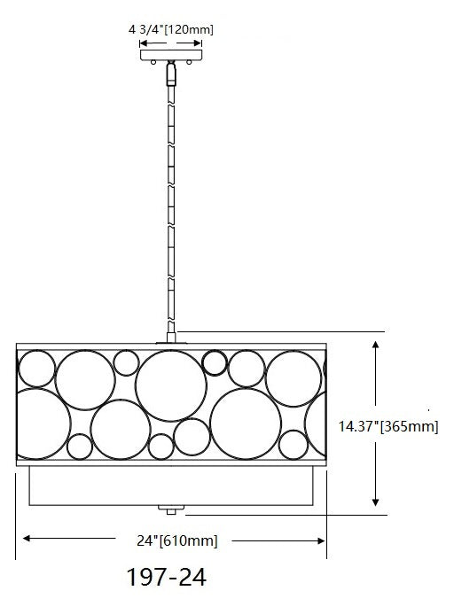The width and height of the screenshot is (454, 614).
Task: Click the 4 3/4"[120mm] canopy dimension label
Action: point(170,29)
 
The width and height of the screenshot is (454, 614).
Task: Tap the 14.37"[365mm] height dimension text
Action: point(388,426)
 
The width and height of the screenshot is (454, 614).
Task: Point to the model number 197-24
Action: point(167,579)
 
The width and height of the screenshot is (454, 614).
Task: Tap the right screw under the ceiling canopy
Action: point(188,63)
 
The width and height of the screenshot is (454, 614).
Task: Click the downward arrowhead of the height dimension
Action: point(376,501)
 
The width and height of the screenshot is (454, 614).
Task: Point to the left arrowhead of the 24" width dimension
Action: point(27,539)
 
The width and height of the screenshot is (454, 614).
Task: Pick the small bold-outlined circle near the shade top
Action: point(214,361)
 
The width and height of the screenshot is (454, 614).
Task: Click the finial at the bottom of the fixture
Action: point(169,509)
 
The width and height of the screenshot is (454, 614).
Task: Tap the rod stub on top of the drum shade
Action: point(169,338)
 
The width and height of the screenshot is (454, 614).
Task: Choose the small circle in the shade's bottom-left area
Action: point(79,446)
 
